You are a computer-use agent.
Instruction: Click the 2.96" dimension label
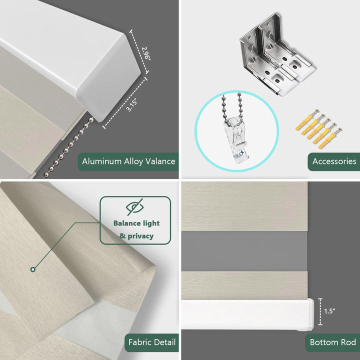click(x=146, y=53)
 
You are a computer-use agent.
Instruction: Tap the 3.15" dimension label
click(x=132, y=105)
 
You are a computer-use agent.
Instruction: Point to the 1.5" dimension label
click(x=329, y=311)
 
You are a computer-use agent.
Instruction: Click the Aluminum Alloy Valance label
click(x=128, y=161)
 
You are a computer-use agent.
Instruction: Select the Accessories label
click(x=334, y=161)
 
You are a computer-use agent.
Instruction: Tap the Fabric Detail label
click(x=152, y=342)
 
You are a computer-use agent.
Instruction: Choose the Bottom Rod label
click(x=332, y=342)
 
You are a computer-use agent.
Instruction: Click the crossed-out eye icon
click(x=135, y=207)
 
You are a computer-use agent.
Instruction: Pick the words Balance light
click(x=136, y=223)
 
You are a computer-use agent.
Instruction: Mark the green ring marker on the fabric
click(x=33, y=269)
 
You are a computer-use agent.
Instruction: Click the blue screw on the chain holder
click(x=242, y=152)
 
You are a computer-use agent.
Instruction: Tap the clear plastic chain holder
click(x=236, y=139)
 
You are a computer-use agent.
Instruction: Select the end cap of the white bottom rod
click(x=310, y=314)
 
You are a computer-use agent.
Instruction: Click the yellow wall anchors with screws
click(x=318, y=129)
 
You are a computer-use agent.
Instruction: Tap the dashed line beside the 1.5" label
click(x=320, y=312)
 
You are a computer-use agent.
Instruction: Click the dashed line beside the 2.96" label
click(x=139, y=51)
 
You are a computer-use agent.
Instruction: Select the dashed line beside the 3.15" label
click(x=125, y=103)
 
